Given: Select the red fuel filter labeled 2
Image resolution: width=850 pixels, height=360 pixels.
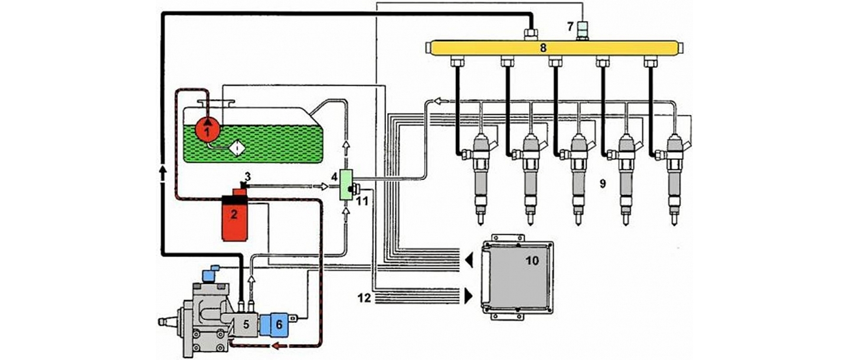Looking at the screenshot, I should [x=234, y=218].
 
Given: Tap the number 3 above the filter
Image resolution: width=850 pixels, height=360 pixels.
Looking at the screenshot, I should [x=249, y=175].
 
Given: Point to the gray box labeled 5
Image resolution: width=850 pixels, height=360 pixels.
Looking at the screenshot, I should [x=243, y=324].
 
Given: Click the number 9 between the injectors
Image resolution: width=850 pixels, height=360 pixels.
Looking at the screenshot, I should [x=602, y=184].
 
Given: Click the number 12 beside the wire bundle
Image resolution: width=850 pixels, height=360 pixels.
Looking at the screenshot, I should [x=364, y=298].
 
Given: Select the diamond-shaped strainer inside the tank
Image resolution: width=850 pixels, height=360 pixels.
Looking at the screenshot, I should [x=237, y=148].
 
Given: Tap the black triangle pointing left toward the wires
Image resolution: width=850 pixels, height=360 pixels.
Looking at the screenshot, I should [x=469, y=259].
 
